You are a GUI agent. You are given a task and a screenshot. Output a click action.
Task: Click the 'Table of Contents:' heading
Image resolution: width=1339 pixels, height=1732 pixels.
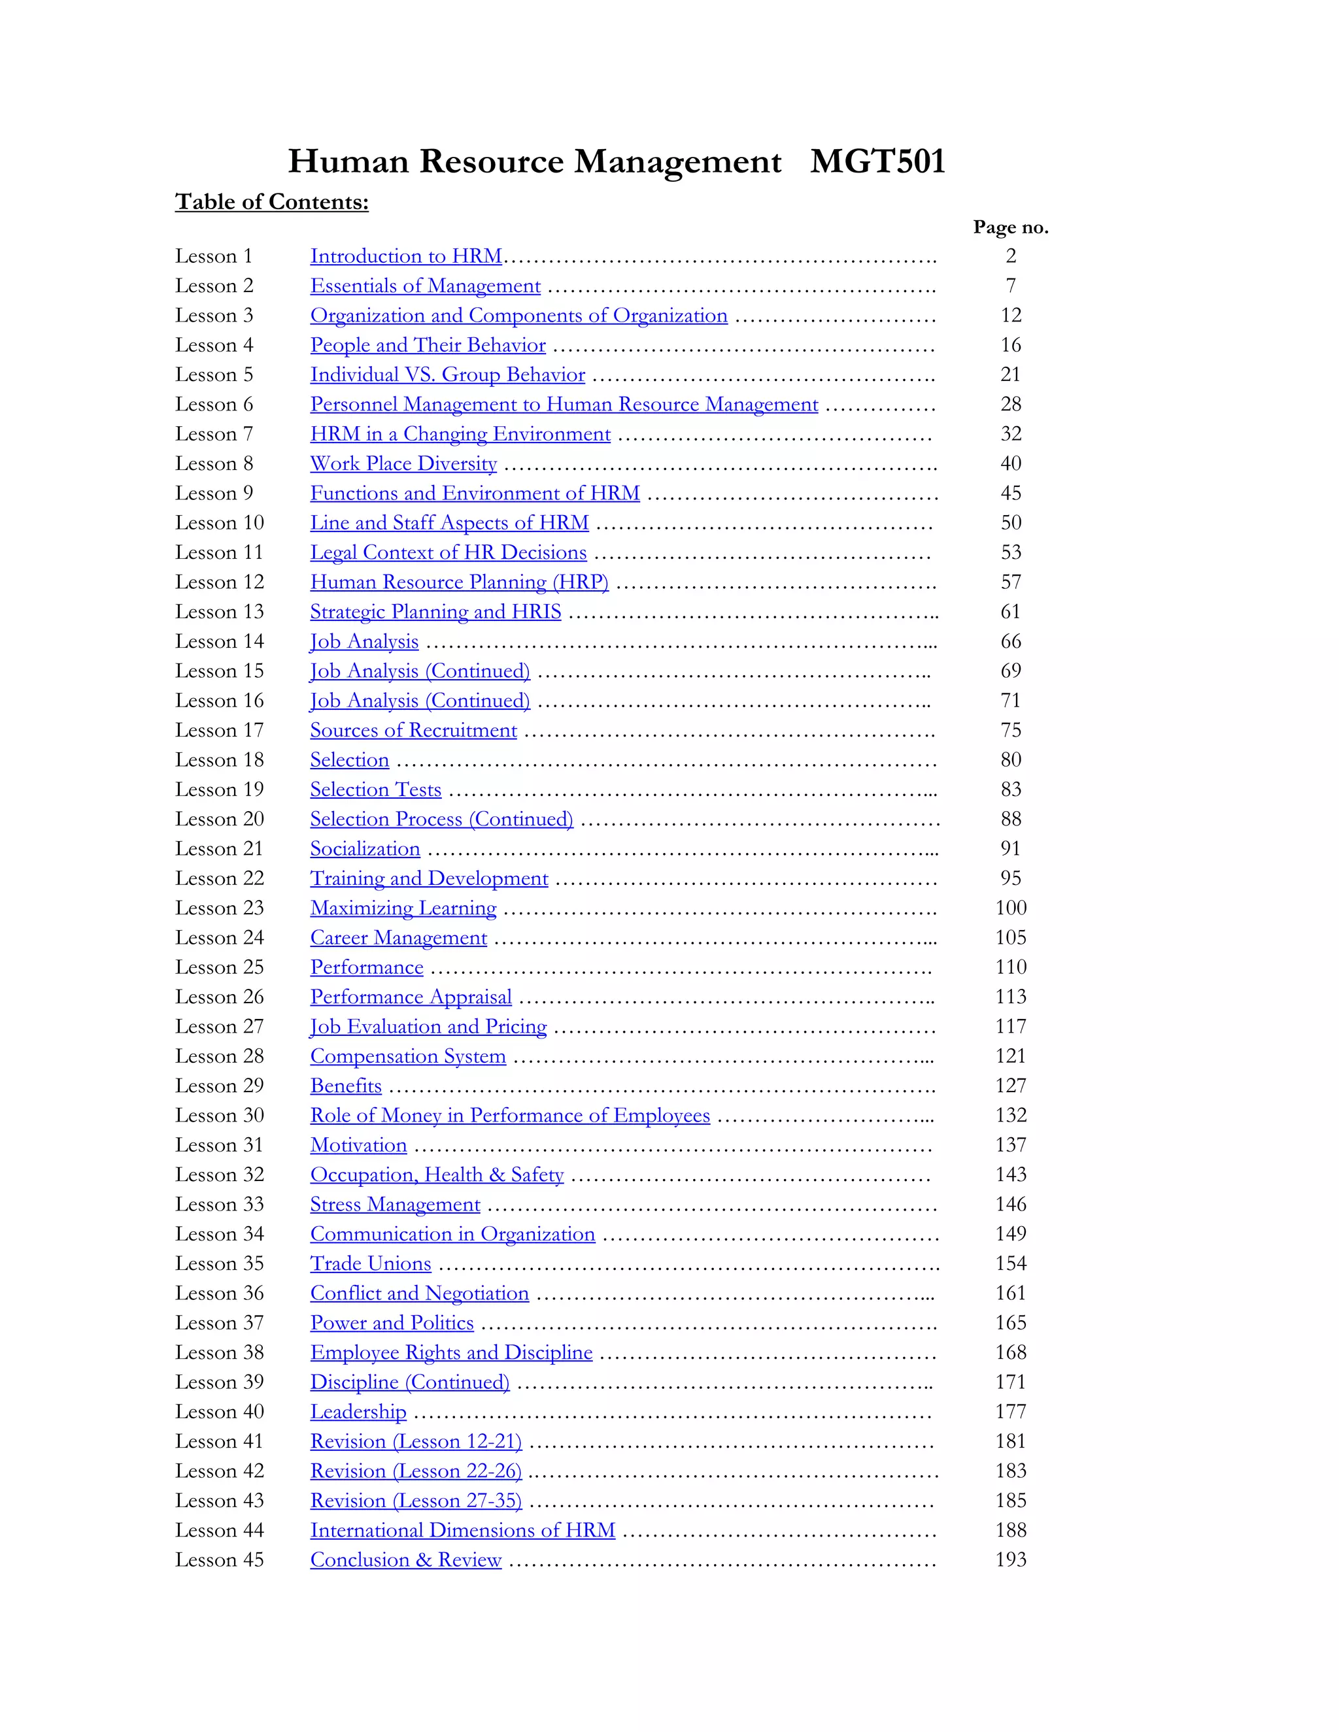(272, 202)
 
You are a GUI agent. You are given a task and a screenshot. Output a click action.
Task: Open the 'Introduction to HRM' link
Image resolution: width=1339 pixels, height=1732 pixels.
(406, 256)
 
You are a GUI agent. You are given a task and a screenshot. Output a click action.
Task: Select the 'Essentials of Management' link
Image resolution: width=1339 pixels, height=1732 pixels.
(425, 286)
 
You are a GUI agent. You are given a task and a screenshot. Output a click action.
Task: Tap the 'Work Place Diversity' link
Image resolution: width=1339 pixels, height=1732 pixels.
(403, 464)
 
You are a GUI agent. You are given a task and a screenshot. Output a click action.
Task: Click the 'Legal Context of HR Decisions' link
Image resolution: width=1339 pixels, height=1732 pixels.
(448, 553)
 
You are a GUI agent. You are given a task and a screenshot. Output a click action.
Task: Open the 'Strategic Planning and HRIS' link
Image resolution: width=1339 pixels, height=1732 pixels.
(435, 612)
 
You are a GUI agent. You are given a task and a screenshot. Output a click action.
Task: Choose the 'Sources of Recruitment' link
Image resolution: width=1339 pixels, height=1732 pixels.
(413, 731)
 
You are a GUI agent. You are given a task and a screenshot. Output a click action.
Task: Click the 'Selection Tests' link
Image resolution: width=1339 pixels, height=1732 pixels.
(375, 790)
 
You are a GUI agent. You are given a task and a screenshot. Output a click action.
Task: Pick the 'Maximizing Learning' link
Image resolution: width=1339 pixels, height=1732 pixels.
(403, 908)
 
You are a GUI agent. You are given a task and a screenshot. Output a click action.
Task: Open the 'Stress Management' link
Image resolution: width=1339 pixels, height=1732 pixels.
(395, 1205)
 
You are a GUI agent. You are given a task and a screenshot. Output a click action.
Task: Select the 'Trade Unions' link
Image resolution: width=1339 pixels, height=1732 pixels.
(371, 1264)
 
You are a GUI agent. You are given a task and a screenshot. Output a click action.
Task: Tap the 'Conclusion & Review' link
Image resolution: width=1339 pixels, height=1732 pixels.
(405, 1560)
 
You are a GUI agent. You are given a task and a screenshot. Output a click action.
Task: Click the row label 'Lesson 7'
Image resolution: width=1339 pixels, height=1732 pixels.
(214, 435)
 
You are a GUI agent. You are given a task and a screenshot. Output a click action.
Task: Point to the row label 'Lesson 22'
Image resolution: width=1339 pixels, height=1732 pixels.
(219, 878)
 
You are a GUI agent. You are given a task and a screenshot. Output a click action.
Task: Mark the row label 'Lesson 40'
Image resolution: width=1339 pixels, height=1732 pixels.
(219, 1412)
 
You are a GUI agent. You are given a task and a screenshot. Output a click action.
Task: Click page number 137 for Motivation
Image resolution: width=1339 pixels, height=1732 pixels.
(1011, 1145)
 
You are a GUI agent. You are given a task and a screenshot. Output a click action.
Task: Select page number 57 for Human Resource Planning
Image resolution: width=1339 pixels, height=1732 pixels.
(1011, 583)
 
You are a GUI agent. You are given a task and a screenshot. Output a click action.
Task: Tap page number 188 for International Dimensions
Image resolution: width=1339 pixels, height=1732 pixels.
(1011, 1531)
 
